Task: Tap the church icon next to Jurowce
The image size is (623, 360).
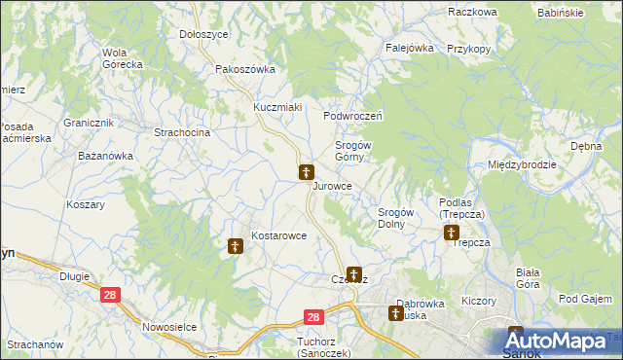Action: pyautogui.click(x=306, y=173)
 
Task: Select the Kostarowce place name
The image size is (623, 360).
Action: pyautogui.click(x=279, y=235)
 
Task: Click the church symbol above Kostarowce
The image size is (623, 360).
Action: pyautogui.click(x=235, y=247)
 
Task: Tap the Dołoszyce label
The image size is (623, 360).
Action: pyautogui.click(x=204, y=34)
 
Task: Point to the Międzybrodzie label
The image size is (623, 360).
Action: pyautogui.click(x=523, y=164)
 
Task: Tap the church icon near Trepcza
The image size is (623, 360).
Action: pyautogui.click(x=452, y=233)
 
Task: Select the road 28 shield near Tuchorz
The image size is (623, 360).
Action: pyautogui.click(x=312, y=317)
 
